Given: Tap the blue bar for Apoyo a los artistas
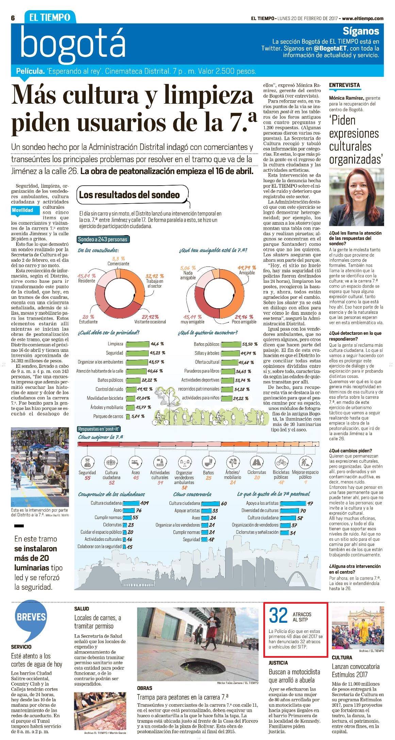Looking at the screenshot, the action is point(293,503).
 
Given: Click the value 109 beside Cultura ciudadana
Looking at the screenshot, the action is point(144,503).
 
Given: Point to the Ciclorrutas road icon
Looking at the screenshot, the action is point(257,462).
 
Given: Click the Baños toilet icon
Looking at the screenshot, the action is point(208,462).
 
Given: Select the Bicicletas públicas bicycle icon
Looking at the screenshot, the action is point(281,462).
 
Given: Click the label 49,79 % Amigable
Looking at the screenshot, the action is point(247,270).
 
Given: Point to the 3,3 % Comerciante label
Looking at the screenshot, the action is point(118,261).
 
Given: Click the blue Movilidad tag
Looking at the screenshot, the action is point(22,210).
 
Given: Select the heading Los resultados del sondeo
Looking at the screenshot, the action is point(129,195).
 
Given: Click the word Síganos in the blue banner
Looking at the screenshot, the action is point(361,31).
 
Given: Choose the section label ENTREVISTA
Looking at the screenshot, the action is point(344,85).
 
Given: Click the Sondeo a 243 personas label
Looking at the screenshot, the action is point(103,239).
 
